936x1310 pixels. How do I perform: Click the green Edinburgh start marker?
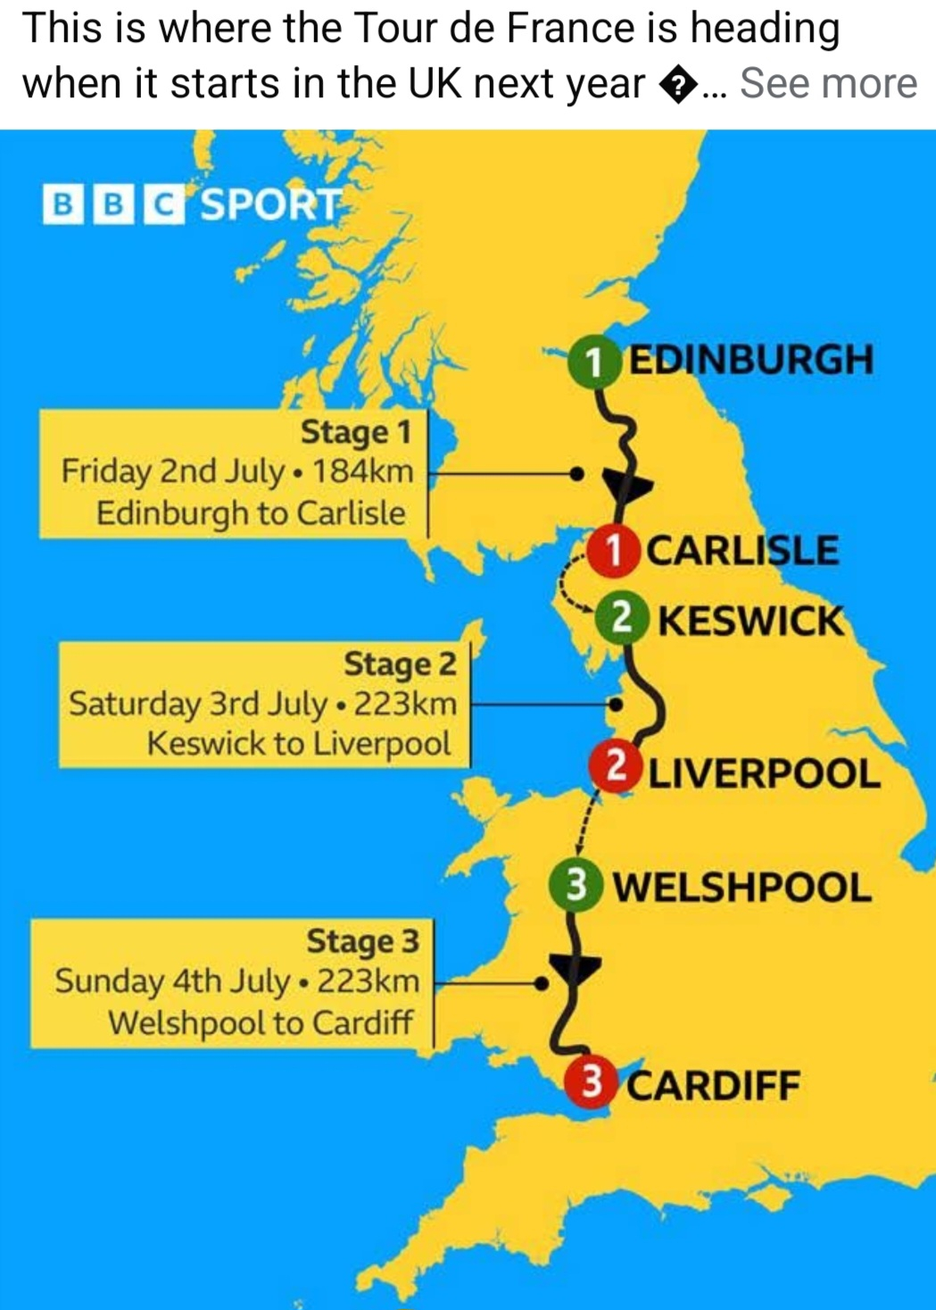coord(592,362)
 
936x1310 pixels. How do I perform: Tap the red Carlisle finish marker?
coord(614,550)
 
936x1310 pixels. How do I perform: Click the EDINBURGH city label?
coord(751,360)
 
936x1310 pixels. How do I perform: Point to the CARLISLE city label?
coord(741,550)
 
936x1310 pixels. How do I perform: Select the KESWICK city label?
coord(750,620)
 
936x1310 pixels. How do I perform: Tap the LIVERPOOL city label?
coord(763,773)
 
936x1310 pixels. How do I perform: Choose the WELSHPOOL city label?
coord(741,888)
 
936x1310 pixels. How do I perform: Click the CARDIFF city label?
coord(713,1086)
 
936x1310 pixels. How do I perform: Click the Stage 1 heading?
coord(355,432)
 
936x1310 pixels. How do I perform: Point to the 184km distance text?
coord(362,471)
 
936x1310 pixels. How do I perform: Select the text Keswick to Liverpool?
coord(298,743)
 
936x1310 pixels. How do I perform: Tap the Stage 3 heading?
coord(361,941)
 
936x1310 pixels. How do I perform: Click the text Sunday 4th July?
coord(172,981)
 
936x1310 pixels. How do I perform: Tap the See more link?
coord(828,83)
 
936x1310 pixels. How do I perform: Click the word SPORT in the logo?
coord(269,204)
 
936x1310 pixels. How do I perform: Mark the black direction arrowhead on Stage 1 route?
coord(627,485)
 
